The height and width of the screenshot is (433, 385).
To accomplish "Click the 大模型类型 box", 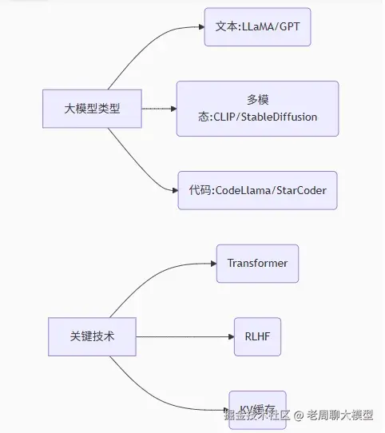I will click(x=92, y=108).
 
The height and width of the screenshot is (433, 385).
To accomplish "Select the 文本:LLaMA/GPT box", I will click(x=256, y=27).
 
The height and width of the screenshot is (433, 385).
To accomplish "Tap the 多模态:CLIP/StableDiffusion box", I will click(x=257, y=108).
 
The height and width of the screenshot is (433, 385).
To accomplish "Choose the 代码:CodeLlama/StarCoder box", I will click(x=257, y=191).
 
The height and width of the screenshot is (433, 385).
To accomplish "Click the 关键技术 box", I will click(x=92, y=336).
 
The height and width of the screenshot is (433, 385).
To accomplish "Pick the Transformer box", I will click(x=257, y=264).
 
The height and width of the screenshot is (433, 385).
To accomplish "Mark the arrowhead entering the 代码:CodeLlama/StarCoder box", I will click(x=173, y=191).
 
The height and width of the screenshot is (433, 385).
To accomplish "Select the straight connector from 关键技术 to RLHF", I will click(x=184, y=336).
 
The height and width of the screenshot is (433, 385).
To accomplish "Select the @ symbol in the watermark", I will click(x=297, y=415).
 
